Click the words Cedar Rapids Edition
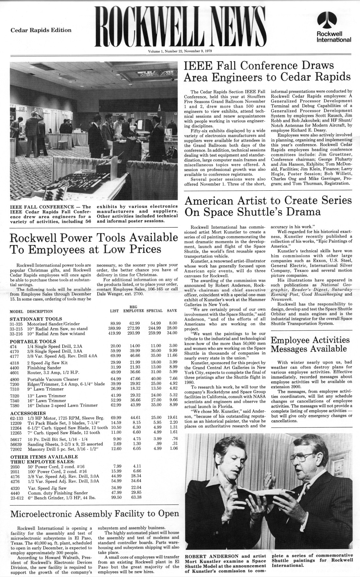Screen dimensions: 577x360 point(41,30)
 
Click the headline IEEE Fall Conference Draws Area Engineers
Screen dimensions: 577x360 point(267,72)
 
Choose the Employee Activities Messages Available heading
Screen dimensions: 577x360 point(310,344)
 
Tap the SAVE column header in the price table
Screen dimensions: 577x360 point(172,311)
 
